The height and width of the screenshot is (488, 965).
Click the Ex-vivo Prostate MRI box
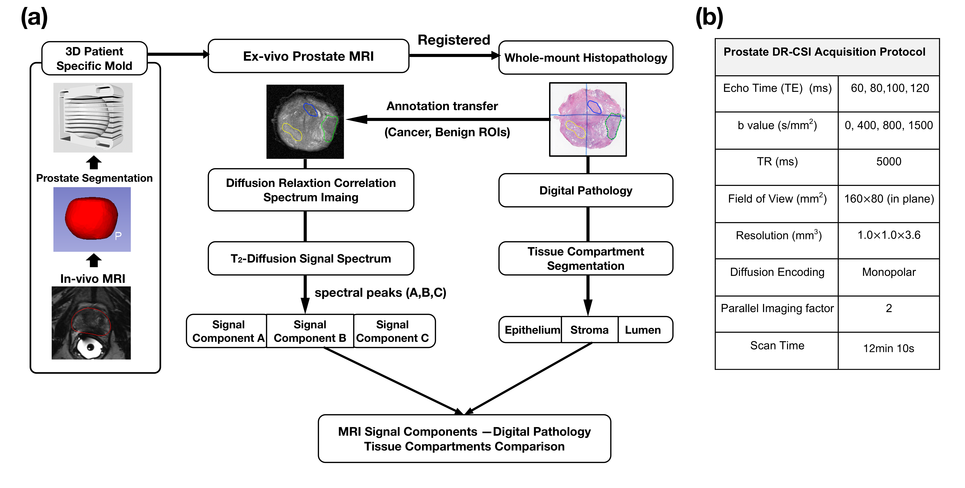click(x=308, y=56)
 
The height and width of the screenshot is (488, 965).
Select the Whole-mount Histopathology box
click(x=586, y=58)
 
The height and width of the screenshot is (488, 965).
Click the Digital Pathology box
click(x=586, y=190)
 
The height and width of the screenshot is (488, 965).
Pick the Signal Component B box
click(x=310, y=331)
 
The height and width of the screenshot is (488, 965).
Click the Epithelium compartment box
click(x=532, y=330)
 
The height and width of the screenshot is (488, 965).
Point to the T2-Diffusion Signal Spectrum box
click(x=311, y=259)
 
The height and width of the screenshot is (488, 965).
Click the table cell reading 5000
click(x=889, y=162)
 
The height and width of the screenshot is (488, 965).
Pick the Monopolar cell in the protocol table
click(x=889, y=272)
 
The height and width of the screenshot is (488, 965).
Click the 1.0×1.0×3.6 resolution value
click(x=889, y=235)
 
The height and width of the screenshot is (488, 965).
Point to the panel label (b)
click(x=709, y=18)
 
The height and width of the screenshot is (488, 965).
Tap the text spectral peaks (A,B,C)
click(x=380, y=293)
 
